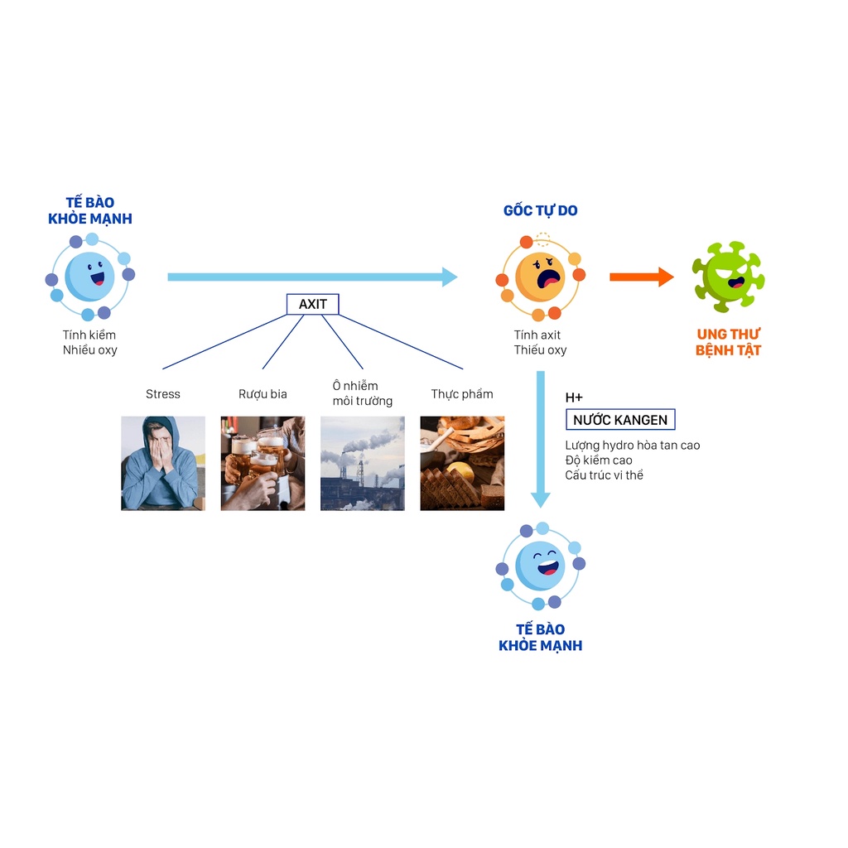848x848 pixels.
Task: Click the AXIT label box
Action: (x=312, y=304)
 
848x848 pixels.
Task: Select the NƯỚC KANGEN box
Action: (x=619, y=420)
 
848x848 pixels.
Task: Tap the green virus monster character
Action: (x=728, y=277)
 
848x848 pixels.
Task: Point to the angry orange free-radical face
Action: (x=540, y=277)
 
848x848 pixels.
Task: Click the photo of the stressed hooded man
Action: (x=163, y=463)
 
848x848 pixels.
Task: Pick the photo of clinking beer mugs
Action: (x=263, y=463)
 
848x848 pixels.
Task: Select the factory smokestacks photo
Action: (x=362, y=463)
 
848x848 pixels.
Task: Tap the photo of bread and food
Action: (x=462, y=463)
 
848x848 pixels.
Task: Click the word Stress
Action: (x=163, y=394)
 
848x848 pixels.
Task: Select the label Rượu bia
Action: (x=263, y=394)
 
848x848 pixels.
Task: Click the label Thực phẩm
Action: (x=462, y=394)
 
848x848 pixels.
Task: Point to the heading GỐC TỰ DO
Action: (x=541, y=211)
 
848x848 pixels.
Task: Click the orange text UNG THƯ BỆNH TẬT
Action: (x=728, y=342)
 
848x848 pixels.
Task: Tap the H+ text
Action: (x=574, y=398)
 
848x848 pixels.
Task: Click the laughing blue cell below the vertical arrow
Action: (x=540, y=566)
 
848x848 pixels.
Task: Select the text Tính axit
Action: (x=537, y=335)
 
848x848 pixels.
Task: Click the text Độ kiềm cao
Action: (x=599, y=460)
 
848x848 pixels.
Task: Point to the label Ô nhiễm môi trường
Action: (x=362, y=393)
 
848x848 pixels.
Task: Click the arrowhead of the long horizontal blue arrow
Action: (x=449, y=277)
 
